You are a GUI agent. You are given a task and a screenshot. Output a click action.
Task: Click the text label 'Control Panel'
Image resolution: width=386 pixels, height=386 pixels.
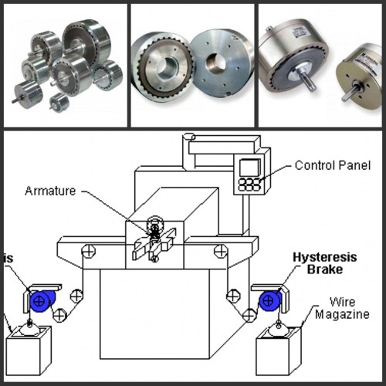[x=333, y=165]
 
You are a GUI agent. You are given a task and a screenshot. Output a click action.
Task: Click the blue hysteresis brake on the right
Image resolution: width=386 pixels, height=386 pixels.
[x=269, y=300]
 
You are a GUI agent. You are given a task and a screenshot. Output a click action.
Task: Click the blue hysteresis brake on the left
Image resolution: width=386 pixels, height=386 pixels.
[x=41, y=300]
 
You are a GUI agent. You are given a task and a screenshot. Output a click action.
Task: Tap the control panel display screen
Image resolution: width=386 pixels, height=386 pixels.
[x=247, y=168]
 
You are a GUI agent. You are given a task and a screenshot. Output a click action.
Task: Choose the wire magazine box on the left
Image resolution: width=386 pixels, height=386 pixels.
[x=29, y=351]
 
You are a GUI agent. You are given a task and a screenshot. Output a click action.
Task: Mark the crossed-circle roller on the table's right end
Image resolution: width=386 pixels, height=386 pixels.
[x=221, y=250]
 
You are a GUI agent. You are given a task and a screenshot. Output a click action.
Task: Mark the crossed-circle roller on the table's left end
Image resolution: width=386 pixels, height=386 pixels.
[x=89, y=250]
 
